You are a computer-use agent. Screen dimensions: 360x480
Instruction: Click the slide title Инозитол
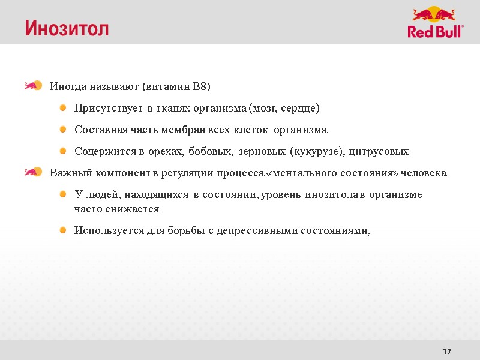pos(67,28)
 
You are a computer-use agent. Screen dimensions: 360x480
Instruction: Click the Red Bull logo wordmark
pos(436,32)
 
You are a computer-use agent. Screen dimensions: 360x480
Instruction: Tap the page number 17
pos(446,350)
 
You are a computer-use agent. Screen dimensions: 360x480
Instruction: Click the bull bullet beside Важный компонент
pos(32,172)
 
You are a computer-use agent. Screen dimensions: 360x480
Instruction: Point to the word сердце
pos(302,109)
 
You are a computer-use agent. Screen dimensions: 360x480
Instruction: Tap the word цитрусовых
pos(379,151)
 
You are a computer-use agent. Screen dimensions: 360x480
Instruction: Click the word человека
pos(425,173)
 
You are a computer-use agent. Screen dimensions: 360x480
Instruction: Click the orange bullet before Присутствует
pos(63,108)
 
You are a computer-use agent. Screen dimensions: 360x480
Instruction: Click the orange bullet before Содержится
pos(63,151)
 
